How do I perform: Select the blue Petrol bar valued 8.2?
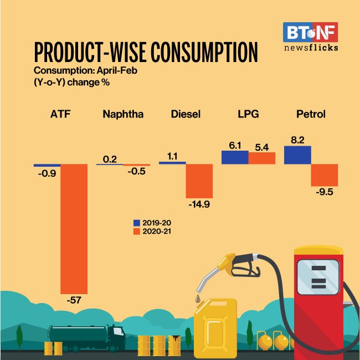297,155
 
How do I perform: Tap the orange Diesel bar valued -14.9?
199,180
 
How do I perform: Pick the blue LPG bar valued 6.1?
234,157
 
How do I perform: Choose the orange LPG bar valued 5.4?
262,158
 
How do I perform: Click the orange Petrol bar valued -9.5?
325,174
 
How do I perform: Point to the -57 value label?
73,301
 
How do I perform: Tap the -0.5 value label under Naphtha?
136,171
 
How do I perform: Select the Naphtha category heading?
123,115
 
